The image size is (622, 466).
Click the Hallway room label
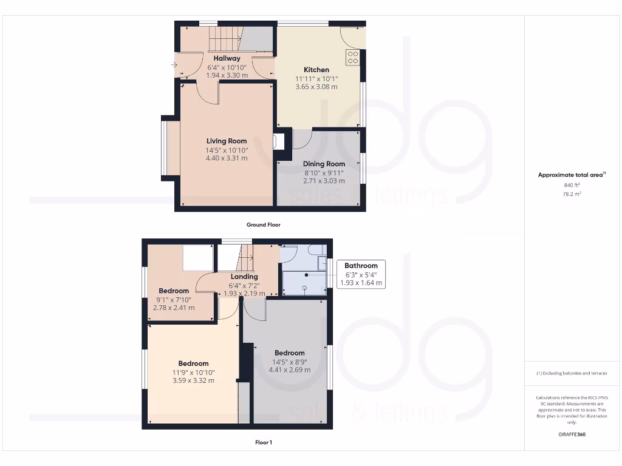227,58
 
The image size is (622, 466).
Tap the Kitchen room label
316,70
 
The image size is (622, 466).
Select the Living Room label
227,141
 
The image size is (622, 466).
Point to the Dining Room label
324,164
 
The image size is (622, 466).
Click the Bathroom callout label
361,265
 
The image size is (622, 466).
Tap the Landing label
244,277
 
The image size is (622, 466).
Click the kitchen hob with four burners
353,57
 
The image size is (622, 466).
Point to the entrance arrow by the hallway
175,63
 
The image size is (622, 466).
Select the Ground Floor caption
263,225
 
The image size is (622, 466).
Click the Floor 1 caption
264,442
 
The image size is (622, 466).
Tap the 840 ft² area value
572,186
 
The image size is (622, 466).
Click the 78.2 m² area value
572,194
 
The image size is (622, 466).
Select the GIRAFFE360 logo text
572,434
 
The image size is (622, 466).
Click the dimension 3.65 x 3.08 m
316,87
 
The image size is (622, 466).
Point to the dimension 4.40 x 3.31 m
227,158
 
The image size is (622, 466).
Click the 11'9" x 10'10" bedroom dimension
193,372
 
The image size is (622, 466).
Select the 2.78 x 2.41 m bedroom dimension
174,308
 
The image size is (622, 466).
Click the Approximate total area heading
570,175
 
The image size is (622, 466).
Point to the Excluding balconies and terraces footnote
572,373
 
